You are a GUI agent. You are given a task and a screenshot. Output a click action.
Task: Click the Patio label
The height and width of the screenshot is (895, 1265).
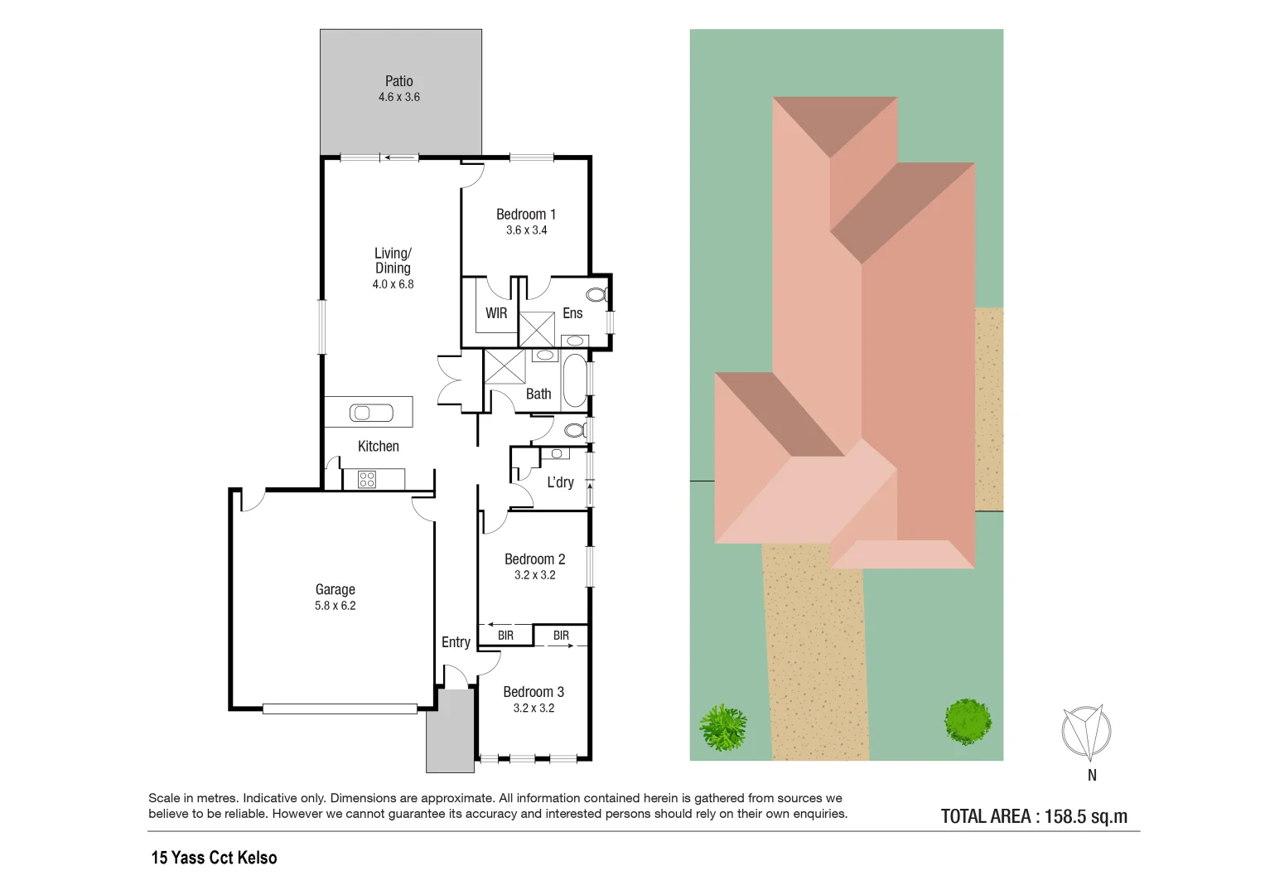(398, 81)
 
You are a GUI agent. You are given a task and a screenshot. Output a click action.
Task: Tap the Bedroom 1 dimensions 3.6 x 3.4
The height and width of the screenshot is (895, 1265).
(526, 230)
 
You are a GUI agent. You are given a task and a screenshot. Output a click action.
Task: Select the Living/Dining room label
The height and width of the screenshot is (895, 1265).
(393, 260)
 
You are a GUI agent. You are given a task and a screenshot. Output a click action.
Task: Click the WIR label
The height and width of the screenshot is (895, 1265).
(496, 313)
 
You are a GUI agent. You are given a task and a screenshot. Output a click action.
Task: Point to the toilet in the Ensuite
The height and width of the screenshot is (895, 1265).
(596, 294)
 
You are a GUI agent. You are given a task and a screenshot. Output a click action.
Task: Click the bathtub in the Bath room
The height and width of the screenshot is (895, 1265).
(574, 380)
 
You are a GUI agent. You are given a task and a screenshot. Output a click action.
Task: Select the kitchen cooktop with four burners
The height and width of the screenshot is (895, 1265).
(367, 479)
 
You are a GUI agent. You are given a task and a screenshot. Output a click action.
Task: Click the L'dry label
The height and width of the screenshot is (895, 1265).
(560, 482)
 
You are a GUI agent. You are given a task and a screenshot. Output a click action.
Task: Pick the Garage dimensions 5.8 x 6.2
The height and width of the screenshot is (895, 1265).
(335, 606)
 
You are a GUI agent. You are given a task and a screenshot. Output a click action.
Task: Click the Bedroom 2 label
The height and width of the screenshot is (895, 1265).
(534, 559)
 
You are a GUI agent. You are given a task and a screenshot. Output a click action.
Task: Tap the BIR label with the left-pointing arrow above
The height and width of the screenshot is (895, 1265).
(505, 636)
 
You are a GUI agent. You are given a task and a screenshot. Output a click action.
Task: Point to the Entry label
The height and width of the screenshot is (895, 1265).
(456, 642)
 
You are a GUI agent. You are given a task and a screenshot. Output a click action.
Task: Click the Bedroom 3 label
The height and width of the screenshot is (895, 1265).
(534, 692)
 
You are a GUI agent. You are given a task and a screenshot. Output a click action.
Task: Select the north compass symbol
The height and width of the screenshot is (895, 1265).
(1085, 733)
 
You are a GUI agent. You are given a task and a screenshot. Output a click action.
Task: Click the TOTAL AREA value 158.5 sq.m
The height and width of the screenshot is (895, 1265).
(1085, 816)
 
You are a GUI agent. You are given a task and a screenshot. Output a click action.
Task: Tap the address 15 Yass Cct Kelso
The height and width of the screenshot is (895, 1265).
(214, 858)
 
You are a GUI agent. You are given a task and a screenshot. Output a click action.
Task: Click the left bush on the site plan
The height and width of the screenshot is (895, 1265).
(723, 728)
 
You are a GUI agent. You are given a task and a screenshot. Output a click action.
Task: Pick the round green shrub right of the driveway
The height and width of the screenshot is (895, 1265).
(968, 720)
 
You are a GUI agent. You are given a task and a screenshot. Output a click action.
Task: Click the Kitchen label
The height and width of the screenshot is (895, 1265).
(378, 447)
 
